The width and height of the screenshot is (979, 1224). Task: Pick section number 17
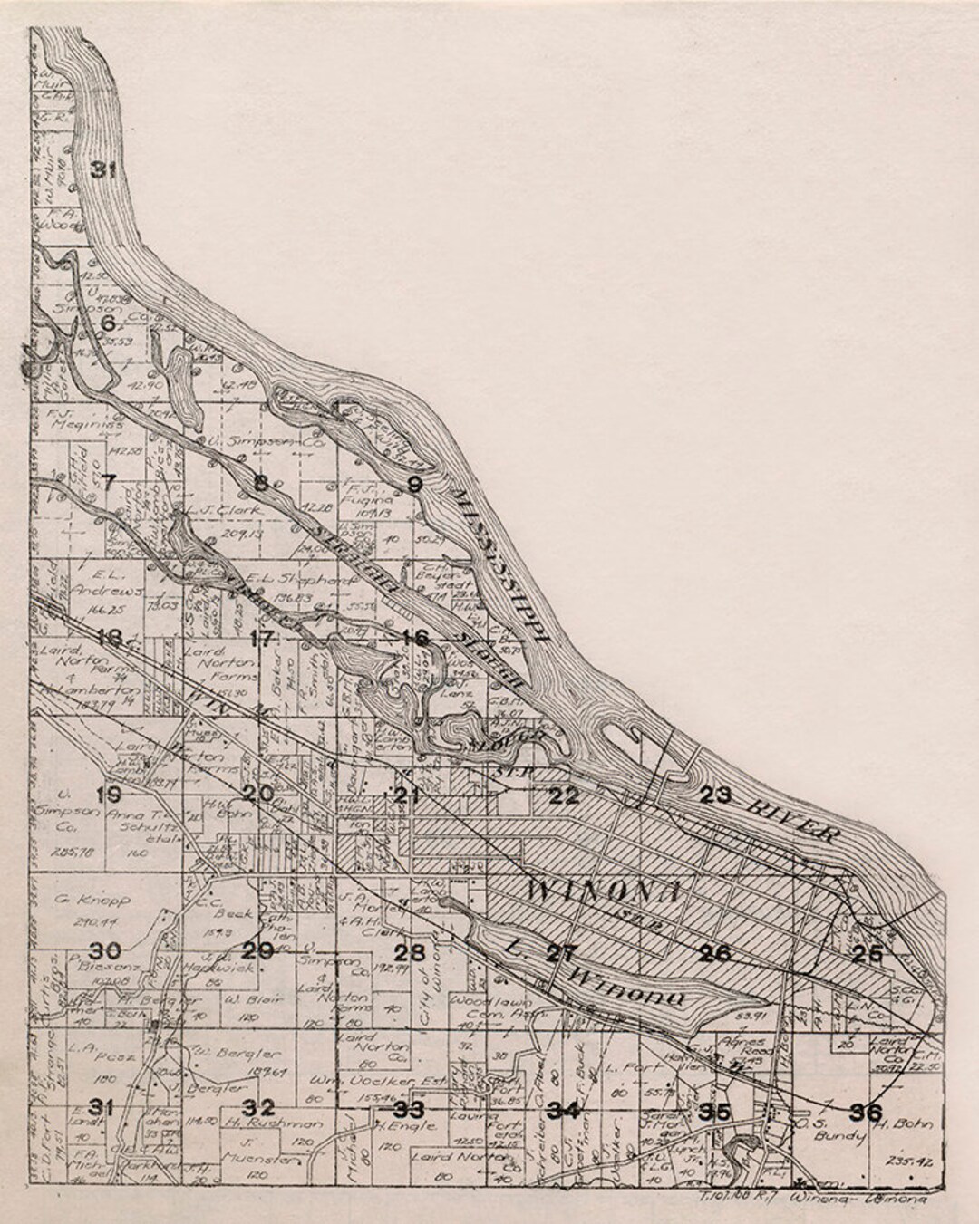click(261, 638)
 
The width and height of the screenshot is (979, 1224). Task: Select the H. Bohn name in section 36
click(894, 1124)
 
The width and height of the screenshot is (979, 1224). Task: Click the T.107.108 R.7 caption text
click(733, 1200)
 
